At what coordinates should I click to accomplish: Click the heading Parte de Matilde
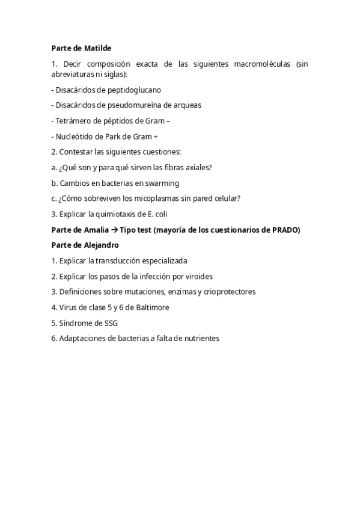tap(81, 48)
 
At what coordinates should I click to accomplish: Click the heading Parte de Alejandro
tap(85, 245)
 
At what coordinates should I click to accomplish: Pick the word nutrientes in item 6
tap(200, 339)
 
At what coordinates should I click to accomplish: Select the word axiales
tap(198, 167)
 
